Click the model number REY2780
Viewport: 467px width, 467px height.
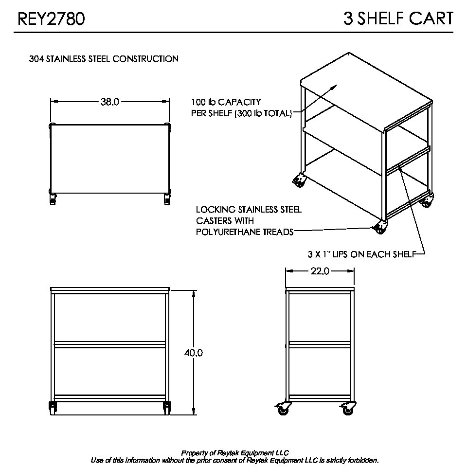click(51, 18)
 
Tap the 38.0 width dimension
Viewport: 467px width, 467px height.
click(110, 102)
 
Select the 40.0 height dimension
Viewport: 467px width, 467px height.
click(194, 353)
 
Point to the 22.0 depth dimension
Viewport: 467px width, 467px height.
click(320, 271)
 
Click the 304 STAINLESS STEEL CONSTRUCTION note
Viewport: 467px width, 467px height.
click(104, 59)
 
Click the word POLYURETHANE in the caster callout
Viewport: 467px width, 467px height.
click(224, 232)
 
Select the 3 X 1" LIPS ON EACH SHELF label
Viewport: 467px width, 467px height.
click(362, 254)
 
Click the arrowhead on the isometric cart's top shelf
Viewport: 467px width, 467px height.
click(334, 87)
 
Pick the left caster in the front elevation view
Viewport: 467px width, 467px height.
click(53, 408)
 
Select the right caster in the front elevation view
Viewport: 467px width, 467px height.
click(167, 408)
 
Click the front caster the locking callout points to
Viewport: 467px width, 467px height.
click(380, 228)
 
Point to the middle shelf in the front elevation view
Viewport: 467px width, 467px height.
click(109, 344)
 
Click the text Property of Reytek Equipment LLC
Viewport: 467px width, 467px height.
click(235, 453)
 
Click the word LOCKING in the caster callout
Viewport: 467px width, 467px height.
click(216, 210)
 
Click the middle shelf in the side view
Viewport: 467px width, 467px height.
click(320, 344)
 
